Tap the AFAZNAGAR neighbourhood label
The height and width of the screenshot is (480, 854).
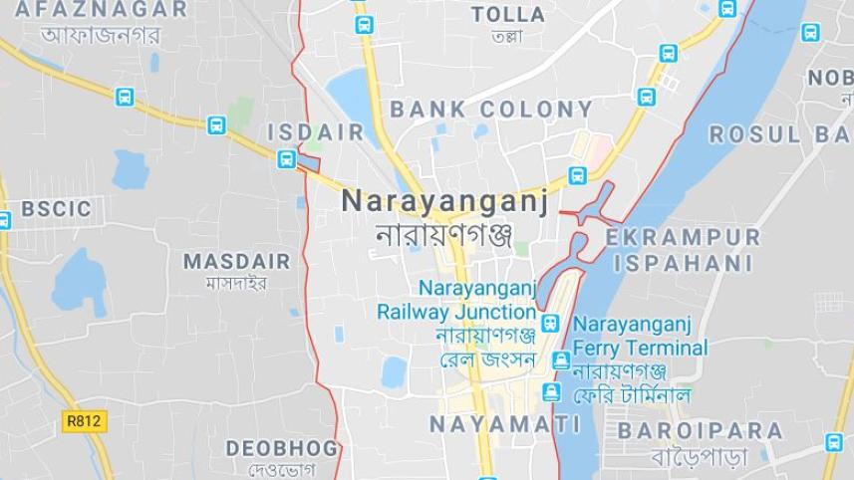pyautogui.click(x=102, y=10)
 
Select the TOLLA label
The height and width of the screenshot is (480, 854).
pyautogui.click(x=508, y=15)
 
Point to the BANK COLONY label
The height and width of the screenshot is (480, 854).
pyautogui.click(x=491, y=110)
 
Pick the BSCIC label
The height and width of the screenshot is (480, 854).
pyautogui.click(x=56, y=209)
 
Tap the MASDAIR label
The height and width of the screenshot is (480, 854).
pyautogui.click(x=237, y=262)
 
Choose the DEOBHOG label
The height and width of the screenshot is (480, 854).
pyautogui.click(x=282, y=448)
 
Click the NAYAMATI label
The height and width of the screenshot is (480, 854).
pyautogui.click(x=505, y=424)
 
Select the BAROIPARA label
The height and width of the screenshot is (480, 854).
pyautogui.click(x=701, y=431)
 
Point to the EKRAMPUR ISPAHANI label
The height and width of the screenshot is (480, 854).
pyautogui.click(x=683, y=250)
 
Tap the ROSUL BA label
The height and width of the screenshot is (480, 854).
pyautogui.click(x=779, y=134)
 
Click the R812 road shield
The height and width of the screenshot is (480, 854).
pyautogui.click(x=84, y=421)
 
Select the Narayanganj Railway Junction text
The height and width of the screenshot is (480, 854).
pyautogui.click(x=457, y=300)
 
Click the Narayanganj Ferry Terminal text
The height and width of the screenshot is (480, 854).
pyautogui.click(x=640, y=337)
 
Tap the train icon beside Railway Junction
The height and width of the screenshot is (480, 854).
pyautogui.click(x=551, y=322)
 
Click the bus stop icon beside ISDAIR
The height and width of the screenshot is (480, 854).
pyautogui.click(x=287, y=158)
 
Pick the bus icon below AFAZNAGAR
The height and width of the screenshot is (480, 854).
pyautogui.click(x=125, y=97)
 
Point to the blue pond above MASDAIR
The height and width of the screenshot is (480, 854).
pyautogui.click(x=131, y=169)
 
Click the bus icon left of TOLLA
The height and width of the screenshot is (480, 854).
pyautogui.click(x=364, y=25)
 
